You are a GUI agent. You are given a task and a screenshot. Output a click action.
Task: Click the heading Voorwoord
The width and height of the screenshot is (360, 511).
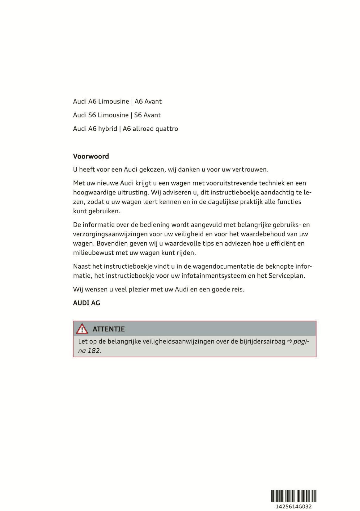tap(91, 156)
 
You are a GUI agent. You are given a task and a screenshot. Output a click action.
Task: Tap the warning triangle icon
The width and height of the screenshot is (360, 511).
tap(82, 329)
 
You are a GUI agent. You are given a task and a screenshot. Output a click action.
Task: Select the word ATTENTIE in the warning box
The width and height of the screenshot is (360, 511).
tap(108, 329)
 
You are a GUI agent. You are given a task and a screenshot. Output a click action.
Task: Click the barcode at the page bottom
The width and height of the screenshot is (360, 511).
tap(294, 496)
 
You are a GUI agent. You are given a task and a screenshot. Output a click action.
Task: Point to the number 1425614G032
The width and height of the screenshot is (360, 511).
tap(294, 506)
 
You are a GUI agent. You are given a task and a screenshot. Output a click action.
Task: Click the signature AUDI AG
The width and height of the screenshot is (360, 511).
tap(87, 303)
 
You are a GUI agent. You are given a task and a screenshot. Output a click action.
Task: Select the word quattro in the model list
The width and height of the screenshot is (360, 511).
tap(167, 129)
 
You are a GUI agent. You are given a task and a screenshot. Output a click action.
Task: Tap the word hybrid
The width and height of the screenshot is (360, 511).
tap(108, 129)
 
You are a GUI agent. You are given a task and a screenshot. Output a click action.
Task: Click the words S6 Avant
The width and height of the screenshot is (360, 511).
tap(147, 115)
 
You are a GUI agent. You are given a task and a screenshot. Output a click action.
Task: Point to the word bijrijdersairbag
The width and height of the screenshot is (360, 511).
tap(262, 342)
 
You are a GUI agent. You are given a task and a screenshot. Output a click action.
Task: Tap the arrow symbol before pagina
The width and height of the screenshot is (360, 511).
tap(290, 342)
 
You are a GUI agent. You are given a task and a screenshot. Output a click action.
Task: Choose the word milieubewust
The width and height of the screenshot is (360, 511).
tap(93, 253)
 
